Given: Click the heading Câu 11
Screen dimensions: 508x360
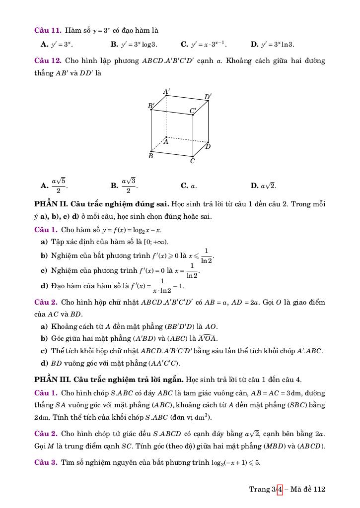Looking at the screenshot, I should click(48, 30).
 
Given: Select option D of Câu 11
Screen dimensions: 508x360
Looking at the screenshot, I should click(272, 44).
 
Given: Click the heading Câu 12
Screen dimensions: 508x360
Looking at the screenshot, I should click(48, 61).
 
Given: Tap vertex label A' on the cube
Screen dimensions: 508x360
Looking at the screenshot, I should click(167, 92).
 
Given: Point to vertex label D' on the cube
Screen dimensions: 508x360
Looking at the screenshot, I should click(208, 97).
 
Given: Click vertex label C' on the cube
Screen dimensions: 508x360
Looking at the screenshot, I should click(193, 111).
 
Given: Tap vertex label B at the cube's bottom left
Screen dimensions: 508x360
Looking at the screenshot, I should click(151, 156).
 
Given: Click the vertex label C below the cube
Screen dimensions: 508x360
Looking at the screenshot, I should click(193, 161).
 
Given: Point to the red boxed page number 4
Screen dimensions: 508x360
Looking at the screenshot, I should click(279, 489).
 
